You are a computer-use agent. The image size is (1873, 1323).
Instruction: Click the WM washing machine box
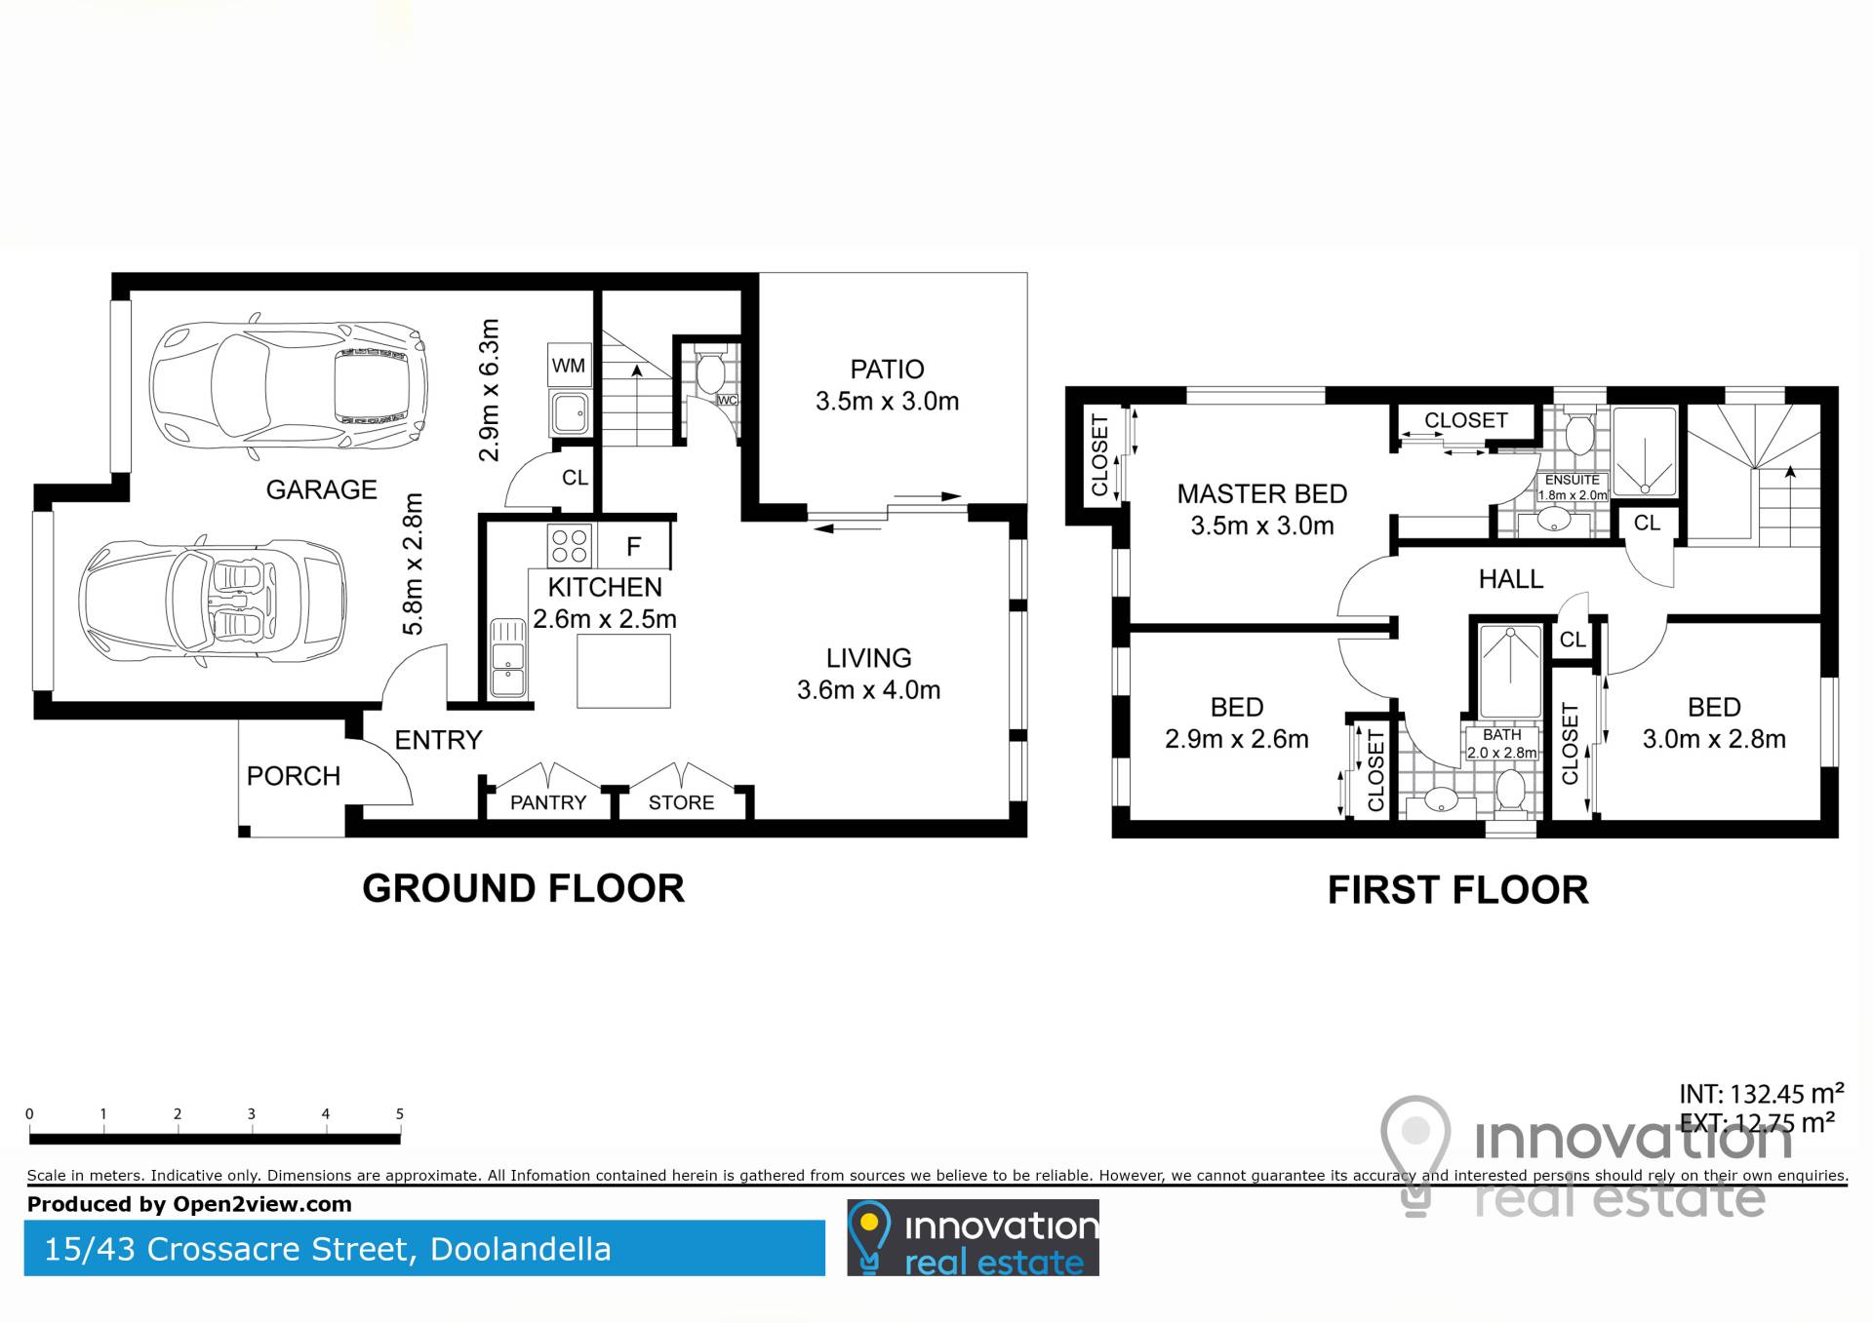point(569,366)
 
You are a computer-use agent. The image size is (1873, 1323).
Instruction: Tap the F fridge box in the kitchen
point(634,547)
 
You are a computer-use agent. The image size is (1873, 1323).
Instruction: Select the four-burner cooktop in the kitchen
point(569,546)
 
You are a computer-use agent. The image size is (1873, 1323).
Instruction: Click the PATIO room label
point(887,370)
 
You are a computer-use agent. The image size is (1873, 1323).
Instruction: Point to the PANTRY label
point(548,802)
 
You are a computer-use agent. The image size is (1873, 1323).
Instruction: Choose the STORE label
point(681,802)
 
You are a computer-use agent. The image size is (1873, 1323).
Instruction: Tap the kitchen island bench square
point(624,671)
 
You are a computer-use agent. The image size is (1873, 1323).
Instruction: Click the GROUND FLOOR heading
point(523,888)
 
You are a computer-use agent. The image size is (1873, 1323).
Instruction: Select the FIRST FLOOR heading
point(1457,890)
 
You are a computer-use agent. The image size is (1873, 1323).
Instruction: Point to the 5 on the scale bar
point(400,1113)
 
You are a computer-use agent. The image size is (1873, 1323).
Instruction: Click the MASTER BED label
point(1261,494)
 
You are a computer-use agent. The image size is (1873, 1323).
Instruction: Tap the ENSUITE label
point(1573,480)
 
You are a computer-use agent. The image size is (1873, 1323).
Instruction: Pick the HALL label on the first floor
point(1511,579)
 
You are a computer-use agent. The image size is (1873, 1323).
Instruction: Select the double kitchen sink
point(507,658)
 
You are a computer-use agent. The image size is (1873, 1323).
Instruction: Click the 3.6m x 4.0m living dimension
point(868,690)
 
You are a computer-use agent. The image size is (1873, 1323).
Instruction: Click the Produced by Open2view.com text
point(189,1204)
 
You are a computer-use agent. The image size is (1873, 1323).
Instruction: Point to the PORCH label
point(294,776)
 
